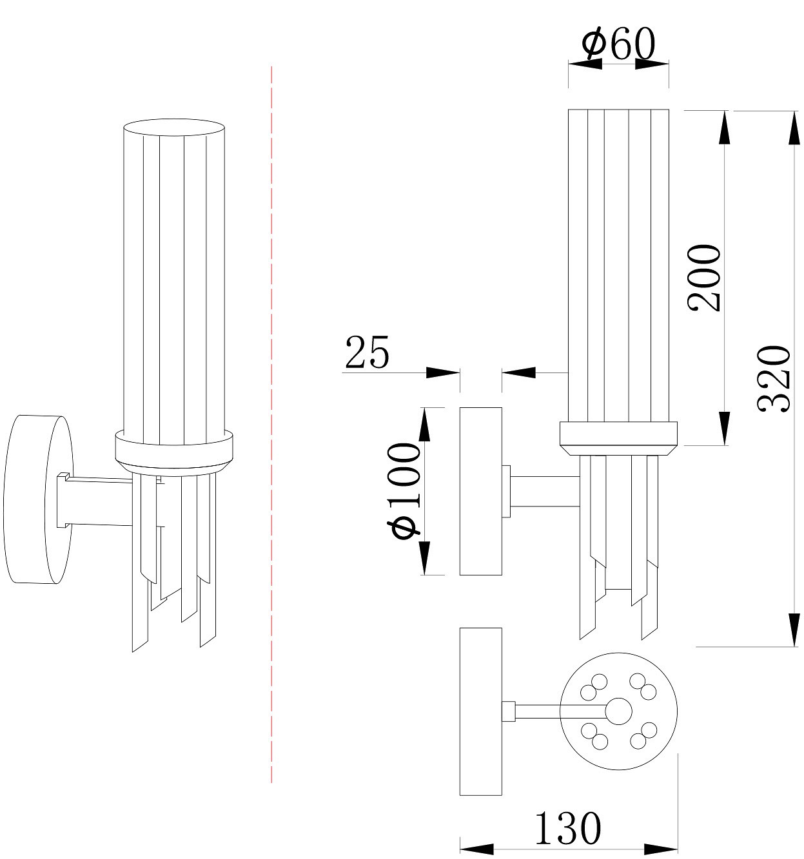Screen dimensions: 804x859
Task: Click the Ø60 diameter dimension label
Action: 618,44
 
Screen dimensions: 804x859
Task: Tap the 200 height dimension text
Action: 704,278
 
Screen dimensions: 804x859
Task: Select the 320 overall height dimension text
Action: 774,378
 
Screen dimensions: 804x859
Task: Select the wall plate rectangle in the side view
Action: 480,491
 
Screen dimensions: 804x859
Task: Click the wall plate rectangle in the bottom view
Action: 480,711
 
